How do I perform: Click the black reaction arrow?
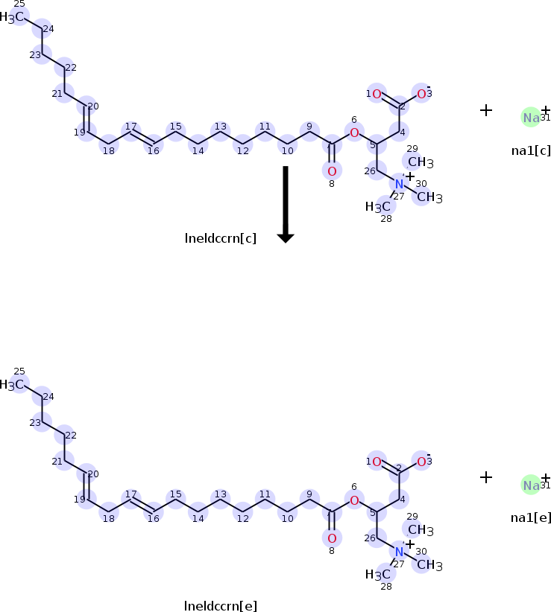click(286, 203)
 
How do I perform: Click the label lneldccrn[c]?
click(221, 238)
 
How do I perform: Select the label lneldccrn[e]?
click(221, 605)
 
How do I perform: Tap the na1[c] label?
click(531, 150)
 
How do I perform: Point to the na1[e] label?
click(531, 517)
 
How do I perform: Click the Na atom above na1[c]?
click(531, 118)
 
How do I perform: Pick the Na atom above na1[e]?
click(531, 485)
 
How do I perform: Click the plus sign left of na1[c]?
click(486, 110)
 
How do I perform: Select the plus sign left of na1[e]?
click(486, 477)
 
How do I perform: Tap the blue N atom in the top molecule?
click(399, 183)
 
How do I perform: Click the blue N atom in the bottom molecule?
click(399, 551)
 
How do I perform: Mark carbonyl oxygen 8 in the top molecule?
click(332, 171)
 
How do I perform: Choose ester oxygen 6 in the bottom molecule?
click(354, 500)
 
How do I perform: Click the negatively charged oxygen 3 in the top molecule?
click(421, 94)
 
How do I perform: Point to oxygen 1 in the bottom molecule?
click(377, 462)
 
